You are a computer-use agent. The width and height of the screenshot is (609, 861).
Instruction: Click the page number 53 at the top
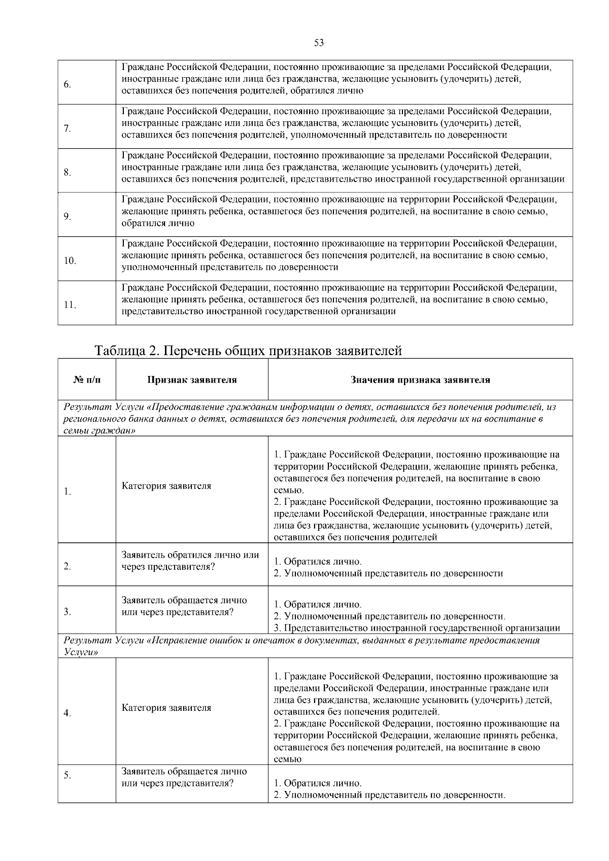tap(319, 43)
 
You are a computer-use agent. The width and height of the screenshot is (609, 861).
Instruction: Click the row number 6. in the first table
tap(67, 84)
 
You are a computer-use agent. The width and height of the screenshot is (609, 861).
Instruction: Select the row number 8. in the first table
tap(67, 173)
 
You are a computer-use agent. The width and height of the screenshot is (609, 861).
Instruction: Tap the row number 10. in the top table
tap(70, 261)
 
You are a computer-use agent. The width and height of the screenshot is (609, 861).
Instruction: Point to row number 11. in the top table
tap(70, 305)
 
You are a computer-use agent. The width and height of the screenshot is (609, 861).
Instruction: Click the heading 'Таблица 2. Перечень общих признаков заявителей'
tap(248, 351)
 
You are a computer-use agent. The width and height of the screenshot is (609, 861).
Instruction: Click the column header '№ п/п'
tap(87, 380)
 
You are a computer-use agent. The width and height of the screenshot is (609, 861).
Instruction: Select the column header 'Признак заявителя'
tap(192, 380)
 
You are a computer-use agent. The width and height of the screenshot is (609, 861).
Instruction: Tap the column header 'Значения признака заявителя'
tap(420, 380)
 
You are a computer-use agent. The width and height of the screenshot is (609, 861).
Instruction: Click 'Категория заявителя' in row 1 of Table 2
tap(166, 486)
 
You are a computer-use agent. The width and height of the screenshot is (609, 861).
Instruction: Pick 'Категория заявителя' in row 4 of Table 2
tap(166, 707)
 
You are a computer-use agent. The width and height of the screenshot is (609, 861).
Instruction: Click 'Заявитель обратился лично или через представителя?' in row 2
tap(190, 561)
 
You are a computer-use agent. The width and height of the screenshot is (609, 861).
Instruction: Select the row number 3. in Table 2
tap(67, 611)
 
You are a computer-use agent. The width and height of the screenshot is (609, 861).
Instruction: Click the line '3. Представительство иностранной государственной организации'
tap(416, 628)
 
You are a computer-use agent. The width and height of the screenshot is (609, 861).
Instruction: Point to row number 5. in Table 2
tap(67, 775)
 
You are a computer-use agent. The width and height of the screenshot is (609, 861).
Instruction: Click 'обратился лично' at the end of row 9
tap(158, 223)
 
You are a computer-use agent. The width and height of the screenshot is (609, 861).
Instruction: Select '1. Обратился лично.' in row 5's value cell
tap(318, 783)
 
